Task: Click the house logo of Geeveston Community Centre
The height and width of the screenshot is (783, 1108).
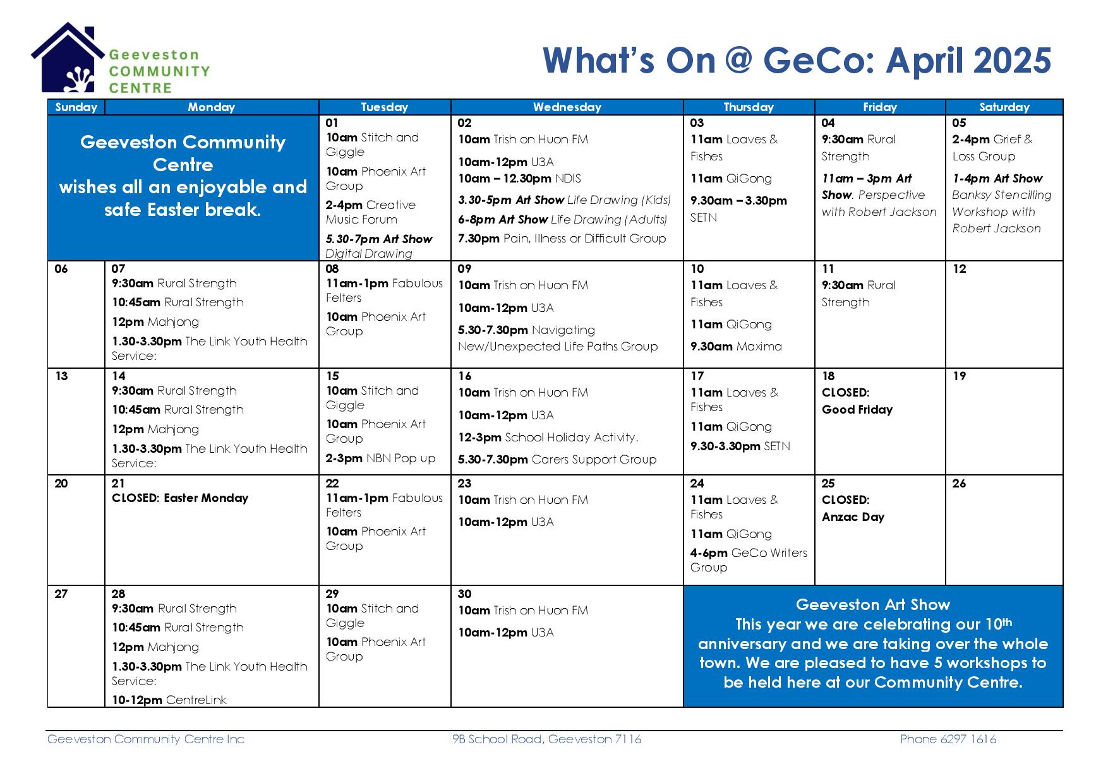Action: pyautogui.click(x=68, y=58)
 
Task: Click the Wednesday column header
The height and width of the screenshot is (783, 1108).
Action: pyautogui.click(x=567, y=107)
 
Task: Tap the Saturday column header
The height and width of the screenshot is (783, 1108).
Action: pyautogui.click(x=1004, y=107)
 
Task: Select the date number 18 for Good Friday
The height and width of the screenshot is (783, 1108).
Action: pyautogui.click(x=828, y=376)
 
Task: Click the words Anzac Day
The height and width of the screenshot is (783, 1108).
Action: pyautogui.click(x=853, y=517)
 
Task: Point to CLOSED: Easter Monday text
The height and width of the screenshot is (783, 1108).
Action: pyautogui.click(x=180, y=498)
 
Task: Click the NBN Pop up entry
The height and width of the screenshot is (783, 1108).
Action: pyautogui.click(x=380, y=458)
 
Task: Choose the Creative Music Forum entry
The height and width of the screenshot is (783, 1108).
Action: pyautogui.click(x=371, y=212)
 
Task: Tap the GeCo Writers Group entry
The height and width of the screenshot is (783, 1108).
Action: pyautogui.click(x=749, y=560)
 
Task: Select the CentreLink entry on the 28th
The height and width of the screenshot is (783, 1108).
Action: pyautogui.click(x=169, y=700)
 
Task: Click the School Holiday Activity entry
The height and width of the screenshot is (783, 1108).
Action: pyautogui.click(x=548, y=438)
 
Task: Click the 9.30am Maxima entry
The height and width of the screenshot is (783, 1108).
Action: pyautogui.click(x=736, y=347)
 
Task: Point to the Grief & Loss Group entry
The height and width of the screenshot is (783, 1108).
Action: pyautogui.click(x=992, y=148)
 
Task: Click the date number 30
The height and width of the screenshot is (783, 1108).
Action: pyautogui.click(x=465, y=594)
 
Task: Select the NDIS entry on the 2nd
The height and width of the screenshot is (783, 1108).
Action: pyautogui.click(x=519, y=179)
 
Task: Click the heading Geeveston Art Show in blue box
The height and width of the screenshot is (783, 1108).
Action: pyautogui.click(x=873, y=605)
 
